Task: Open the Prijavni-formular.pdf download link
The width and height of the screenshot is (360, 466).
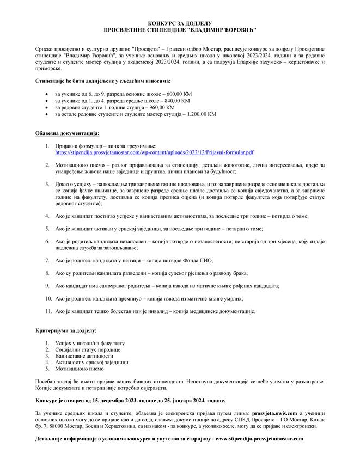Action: [154, 154]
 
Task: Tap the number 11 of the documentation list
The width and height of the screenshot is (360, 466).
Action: [49, 311]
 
